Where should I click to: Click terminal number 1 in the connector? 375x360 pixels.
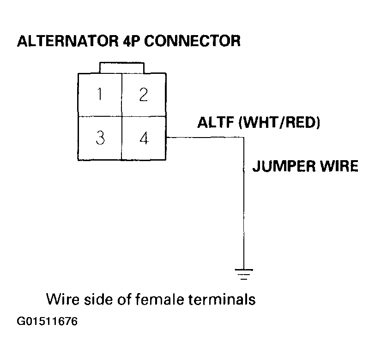(99, 95)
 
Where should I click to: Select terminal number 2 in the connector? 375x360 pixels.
(144, 95)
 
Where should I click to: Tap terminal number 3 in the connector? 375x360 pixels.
(99, 138)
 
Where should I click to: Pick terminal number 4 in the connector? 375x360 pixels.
(144, 138)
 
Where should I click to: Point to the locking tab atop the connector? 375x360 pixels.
(121, 67)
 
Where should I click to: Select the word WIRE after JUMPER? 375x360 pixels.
(339, 166)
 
